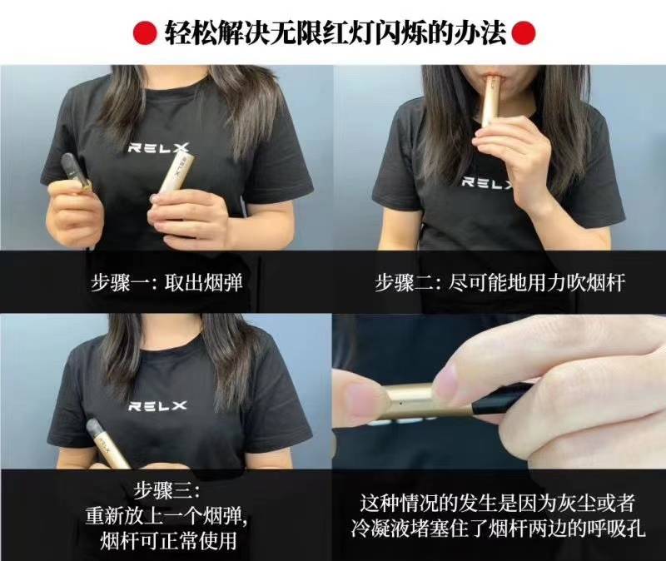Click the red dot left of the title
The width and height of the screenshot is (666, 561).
[x=142, y=32]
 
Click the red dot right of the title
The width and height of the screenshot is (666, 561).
[x=521, y=32]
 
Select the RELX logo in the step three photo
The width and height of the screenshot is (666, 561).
[x=157, y=406]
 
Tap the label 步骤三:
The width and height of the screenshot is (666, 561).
[x=166, y=487]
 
